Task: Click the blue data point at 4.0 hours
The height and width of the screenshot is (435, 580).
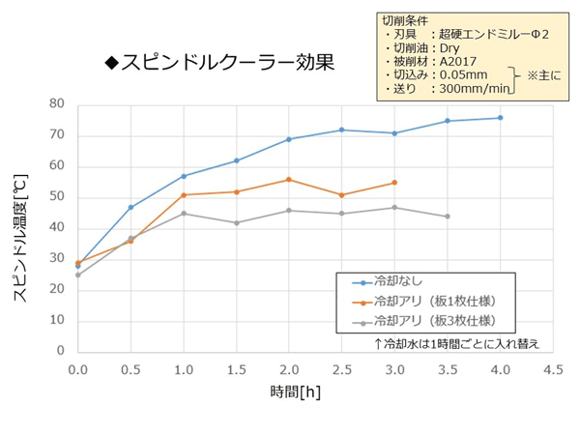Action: (500, 118)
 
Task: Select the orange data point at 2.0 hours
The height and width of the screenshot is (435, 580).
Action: (288, 180)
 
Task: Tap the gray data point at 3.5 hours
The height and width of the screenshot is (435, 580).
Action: (448, 217)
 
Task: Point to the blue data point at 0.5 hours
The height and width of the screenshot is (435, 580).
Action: (130, 207)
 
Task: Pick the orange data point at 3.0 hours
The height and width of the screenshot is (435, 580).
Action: (394, 183)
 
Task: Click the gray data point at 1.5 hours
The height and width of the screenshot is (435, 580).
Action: (236, 222)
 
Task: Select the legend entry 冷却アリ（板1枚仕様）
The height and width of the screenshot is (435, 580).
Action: (434, 302)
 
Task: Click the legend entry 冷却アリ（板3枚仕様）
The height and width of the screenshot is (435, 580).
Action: (434, 320)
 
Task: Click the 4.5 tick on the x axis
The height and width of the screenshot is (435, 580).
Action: (553, 368)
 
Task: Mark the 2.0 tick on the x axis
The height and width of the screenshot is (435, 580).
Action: (288, 368)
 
